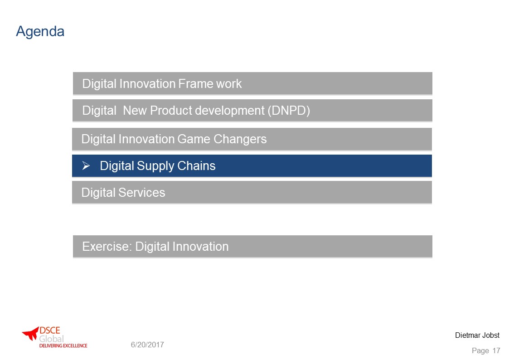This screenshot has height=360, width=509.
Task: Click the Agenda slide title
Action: tap(40, 32)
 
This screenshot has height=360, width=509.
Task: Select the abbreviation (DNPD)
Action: tap(289, 111)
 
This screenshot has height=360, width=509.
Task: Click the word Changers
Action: tap(240, 139)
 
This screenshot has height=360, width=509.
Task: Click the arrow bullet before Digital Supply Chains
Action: tap(86, 166)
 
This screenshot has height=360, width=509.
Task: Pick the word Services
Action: tap(141, 193)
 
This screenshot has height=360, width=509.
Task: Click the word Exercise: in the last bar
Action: tap(107, 247)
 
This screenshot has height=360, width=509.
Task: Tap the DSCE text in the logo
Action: tap(50, 331)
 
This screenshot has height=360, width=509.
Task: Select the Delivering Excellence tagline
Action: tap(63, 345)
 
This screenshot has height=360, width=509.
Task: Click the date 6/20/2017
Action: tap(147, 345)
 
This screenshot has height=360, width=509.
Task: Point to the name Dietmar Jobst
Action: tap(477, 336)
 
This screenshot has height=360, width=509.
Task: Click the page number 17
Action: tap(496, 350)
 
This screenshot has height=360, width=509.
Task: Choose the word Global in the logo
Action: tap(52, 339)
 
